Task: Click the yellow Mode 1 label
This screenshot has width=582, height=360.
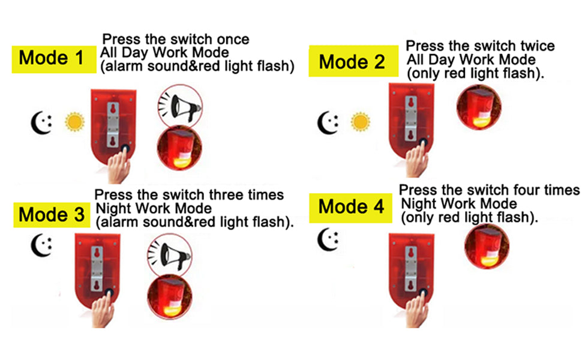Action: pos(54,59)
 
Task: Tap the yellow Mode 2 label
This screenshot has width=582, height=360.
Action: pos(353,61)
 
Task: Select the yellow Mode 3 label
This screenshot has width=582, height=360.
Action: pos(52,215)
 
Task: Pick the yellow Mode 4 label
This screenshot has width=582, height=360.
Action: pos(350,208)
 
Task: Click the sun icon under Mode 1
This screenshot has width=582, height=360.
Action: pos(74,122)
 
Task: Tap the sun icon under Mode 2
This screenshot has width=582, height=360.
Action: pos(361,122)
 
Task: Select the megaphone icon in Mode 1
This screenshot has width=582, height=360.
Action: pos(180,106)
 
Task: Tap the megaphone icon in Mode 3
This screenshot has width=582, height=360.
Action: pos(170,255)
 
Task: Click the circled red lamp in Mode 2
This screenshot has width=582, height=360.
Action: pos(479,107)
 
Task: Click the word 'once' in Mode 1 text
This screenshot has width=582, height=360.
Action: pos(233,39)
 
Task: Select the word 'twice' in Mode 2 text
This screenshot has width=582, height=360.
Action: pos(538,46)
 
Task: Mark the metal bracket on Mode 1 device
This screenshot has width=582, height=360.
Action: pos(113,125)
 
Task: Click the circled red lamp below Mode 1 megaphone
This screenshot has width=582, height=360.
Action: pos(179,148)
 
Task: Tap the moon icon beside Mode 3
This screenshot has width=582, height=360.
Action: pos(41,245)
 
